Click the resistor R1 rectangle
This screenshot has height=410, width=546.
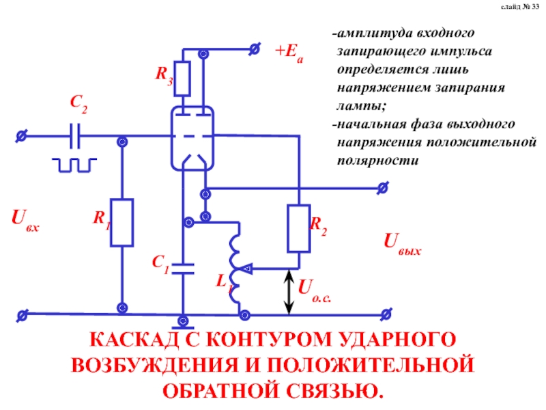[x=123, y=223]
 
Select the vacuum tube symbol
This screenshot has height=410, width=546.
[x=193, y=136]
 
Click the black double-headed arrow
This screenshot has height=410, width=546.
[x=289, y=292]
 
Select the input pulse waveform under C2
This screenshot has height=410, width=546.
[x=76, y=165]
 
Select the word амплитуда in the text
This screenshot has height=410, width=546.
[x=369, y=33]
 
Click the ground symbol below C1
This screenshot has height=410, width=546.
[x=183, y=320]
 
